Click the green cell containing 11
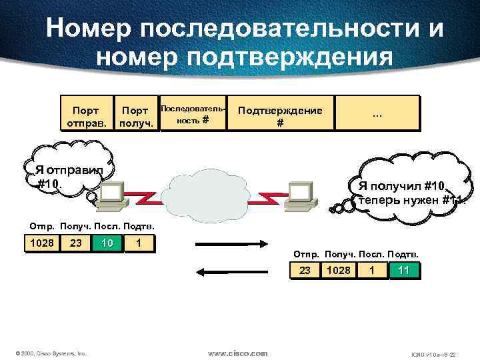[x=403, y=270]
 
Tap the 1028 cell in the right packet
[x=338, y=270]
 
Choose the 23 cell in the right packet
[x=305, y=270]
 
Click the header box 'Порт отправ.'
[x=86, y=113]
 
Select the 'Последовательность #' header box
[x=193, y=113]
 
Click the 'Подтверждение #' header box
[x=280, y=113]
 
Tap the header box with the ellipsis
[x=377, y=113]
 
